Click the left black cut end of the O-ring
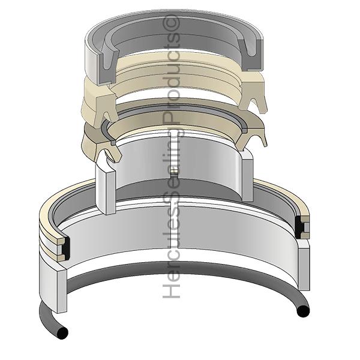pyautogui.click(x=62, y=332)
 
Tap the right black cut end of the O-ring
pyautogui.click(x=303, y=311)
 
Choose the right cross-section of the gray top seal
pyautogui.click(x=251, y=55)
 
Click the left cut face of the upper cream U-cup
pyautogui.click(x=106, y=109)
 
